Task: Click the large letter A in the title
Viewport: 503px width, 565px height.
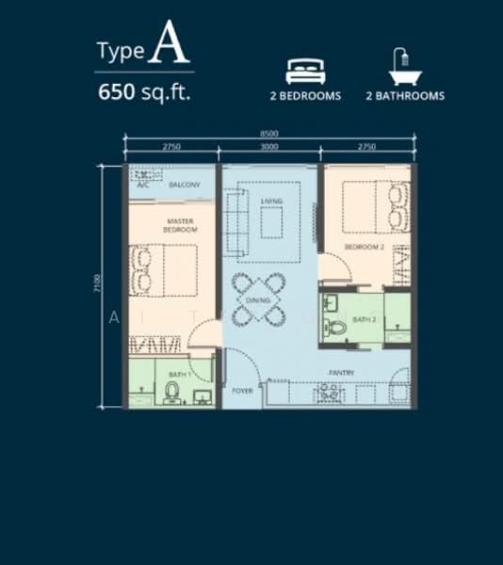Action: pos(163,44)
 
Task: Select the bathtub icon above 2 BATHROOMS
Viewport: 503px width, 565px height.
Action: pos(403,68)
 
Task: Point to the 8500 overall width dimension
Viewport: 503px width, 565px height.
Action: pos(270,135)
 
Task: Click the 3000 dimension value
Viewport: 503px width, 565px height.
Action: pos(270,148)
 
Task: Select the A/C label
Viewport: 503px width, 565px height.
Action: pos(143,186)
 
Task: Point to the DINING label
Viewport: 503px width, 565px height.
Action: pos(258,300)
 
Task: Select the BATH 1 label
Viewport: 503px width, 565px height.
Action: pos(179,375)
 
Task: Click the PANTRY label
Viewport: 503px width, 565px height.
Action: pos(341,373)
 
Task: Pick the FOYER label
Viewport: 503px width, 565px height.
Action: pos(242,389)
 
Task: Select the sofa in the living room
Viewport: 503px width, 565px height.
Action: pos(236,221)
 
